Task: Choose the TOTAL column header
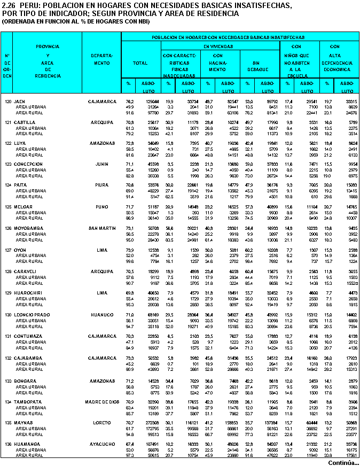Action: (x=140, y=63)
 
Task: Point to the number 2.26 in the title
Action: (x=9, y=5)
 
